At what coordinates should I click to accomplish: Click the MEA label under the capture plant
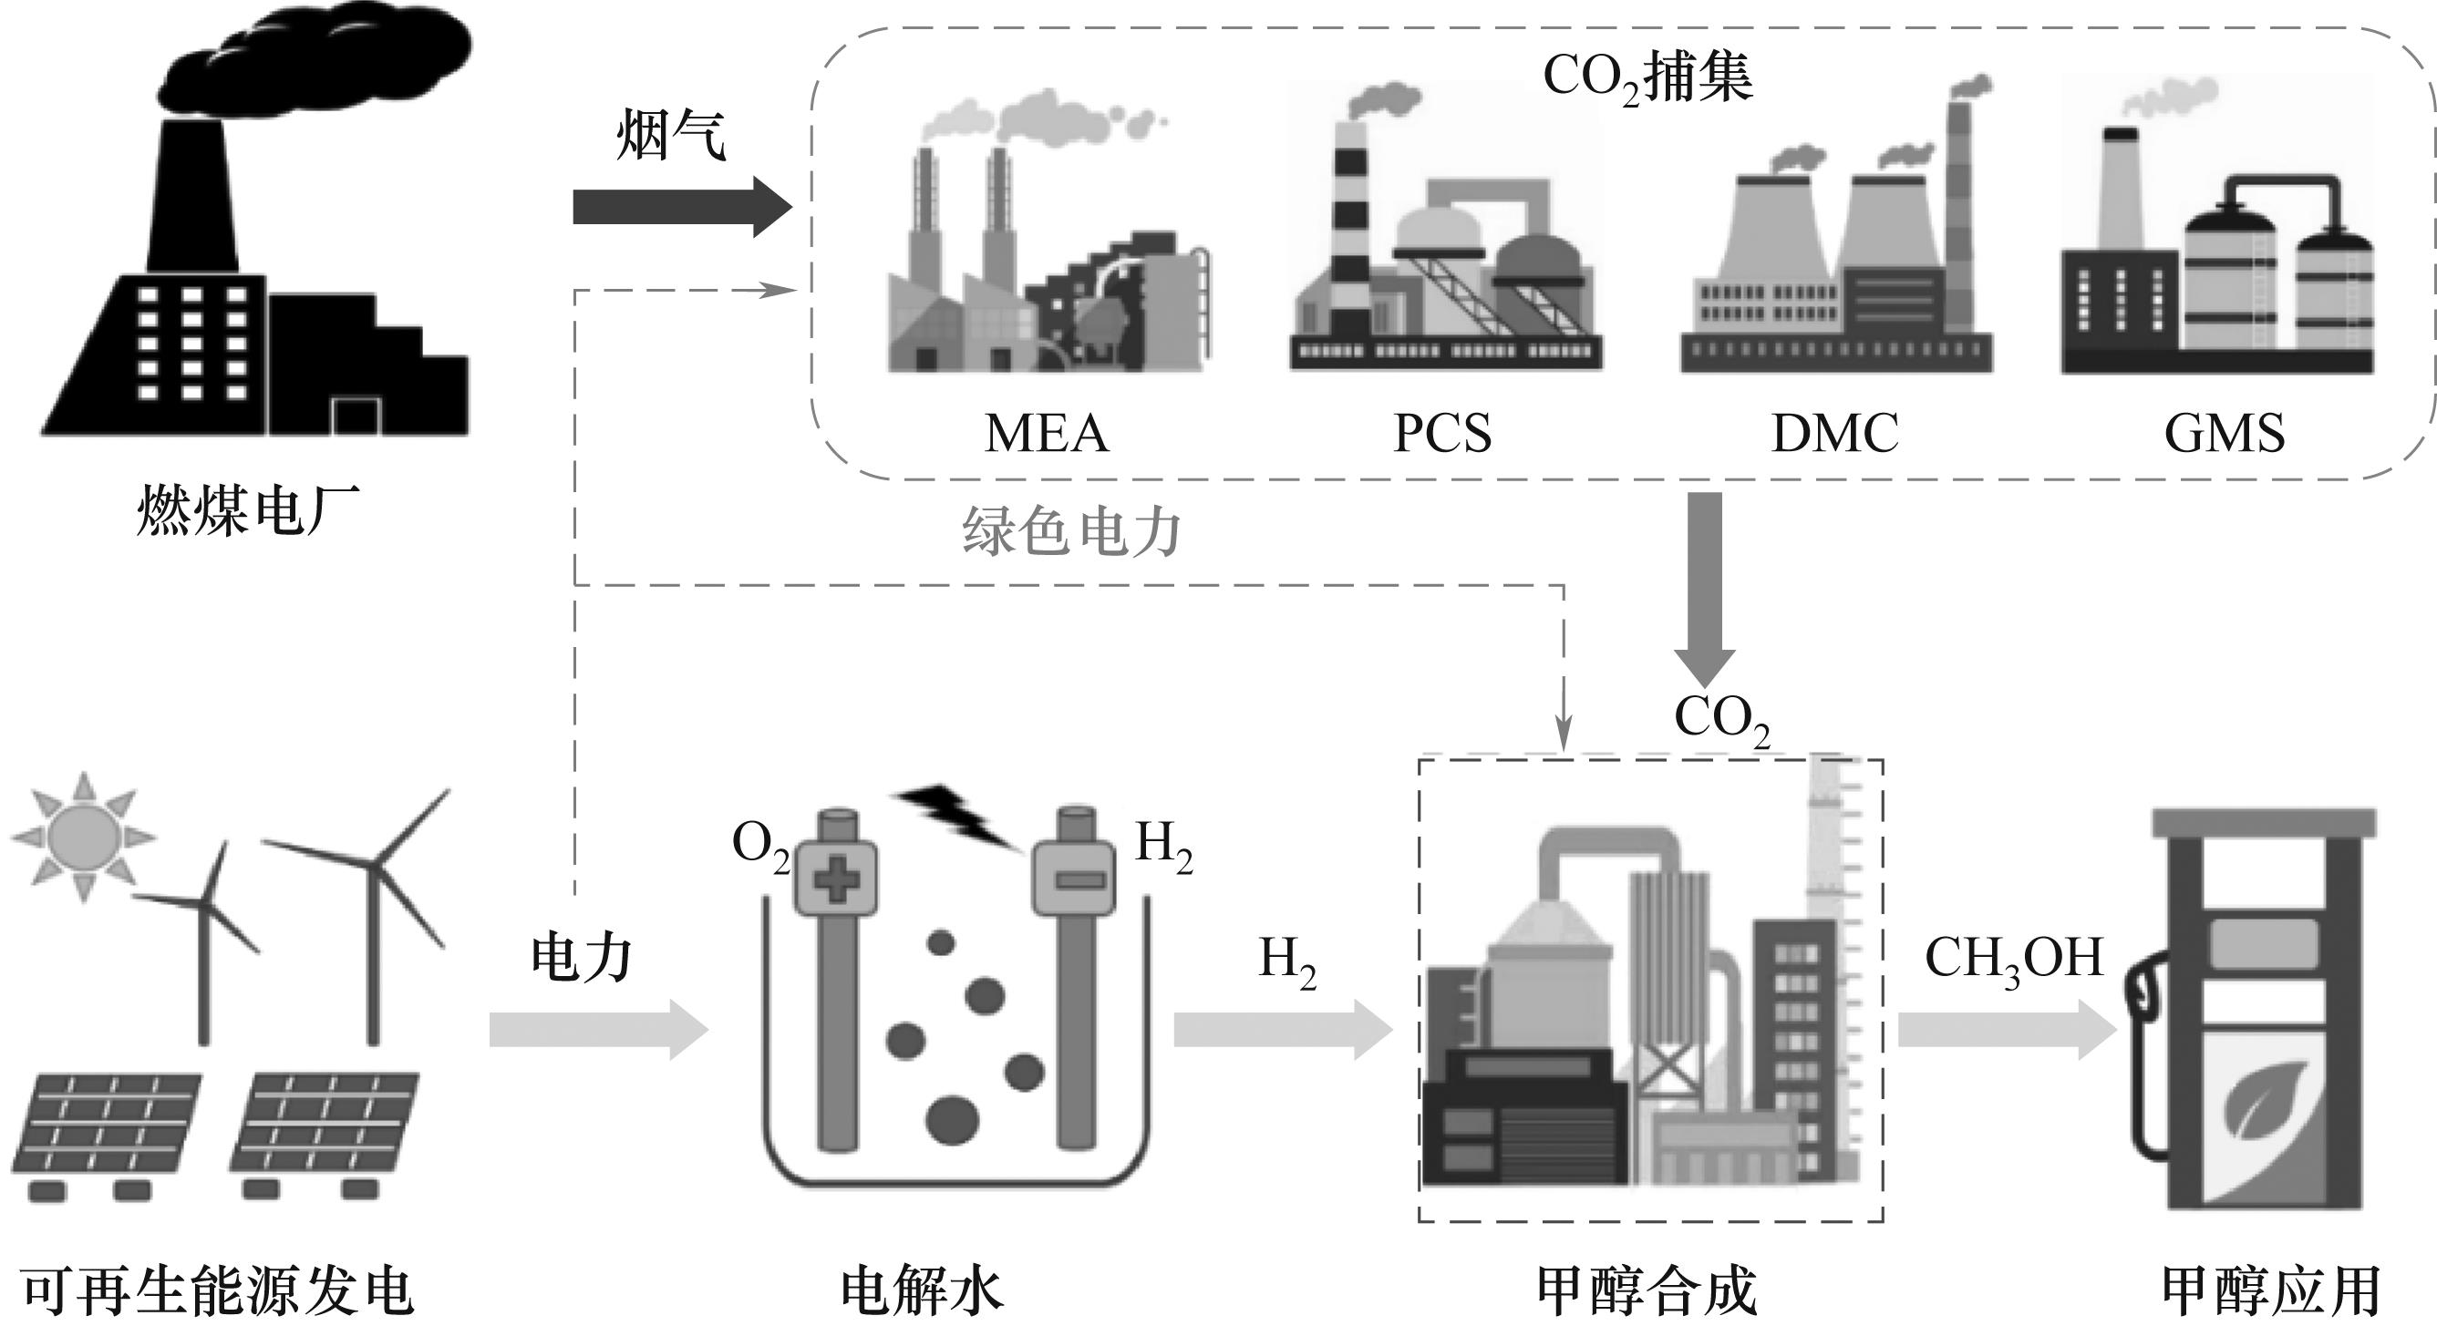(1047, 433)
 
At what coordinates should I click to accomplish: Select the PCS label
(1441, 433)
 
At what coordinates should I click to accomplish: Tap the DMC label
(1834, 433)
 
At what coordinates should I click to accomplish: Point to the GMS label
(2225, 433)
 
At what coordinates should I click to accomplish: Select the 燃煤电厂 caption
(248, 511)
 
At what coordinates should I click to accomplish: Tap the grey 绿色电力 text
(1071, 531)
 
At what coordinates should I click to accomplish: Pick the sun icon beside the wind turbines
(83, 836)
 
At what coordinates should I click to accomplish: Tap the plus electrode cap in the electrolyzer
(835, 879)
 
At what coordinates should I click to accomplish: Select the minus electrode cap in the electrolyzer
(1074, 879)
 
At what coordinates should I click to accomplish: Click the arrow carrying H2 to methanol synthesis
(1283, 1029)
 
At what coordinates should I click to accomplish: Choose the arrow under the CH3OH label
(2006, 1029)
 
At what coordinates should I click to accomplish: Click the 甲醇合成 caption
(1647, 1291)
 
